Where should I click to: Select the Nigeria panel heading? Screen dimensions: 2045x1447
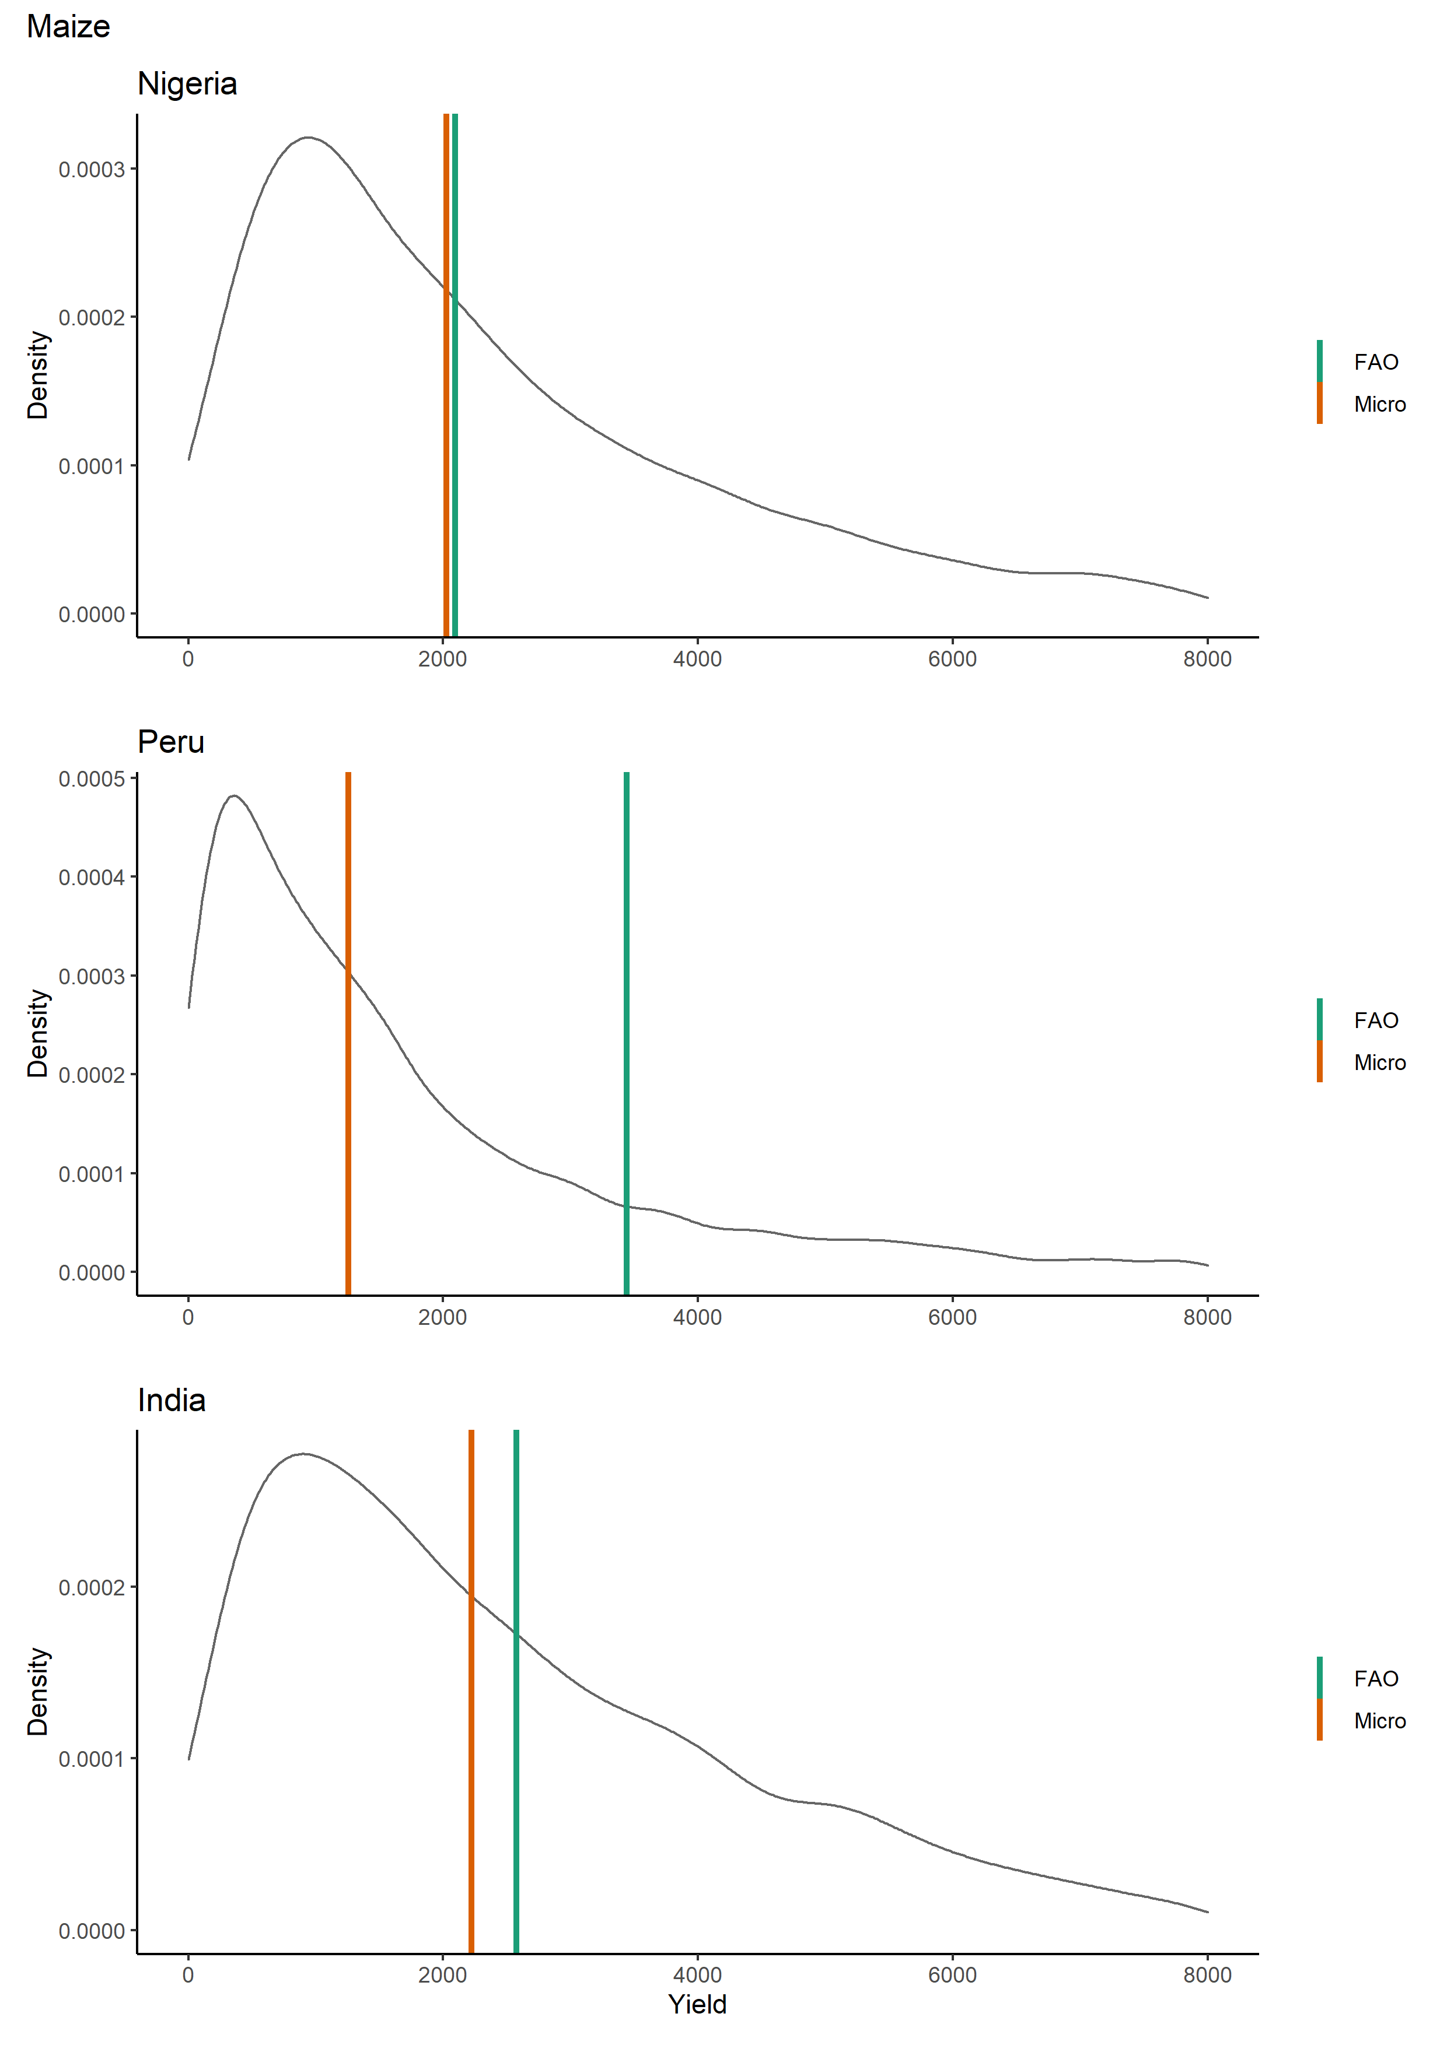[187, 84]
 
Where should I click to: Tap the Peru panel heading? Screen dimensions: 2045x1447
[171, 742]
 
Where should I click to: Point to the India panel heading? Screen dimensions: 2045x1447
[171, 1400]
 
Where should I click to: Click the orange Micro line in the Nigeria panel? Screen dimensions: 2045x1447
[446, 374]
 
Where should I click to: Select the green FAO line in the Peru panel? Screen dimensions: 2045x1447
[627, 1033]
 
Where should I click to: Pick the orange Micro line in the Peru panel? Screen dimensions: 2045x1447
[348, 1033]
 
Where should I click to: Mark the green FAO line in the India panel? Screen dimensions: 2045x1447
[516, 1692]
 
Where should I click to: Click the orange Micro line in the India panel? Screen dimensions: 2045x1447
[471, 1692]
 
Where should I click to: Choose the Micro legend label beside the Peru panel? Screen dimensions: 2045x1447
[1379, 1062]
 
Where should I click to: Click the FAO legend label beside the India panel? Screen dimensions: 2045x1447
[1376, 1679]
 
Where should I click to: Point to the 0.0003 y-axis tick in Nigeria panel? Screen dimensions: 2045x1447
[92, 169]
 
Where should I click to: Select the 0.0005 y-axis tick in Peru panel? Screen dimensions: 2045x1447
[92, 780]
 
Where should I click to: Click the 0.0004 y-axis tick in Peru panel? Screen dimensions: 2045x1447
[92, 878]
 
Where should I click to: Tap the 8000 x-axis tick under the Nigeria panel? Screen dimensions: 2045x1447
[1207, 659]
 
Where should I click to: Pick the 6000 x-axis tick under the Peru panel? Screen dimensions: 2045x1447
[952, 1317]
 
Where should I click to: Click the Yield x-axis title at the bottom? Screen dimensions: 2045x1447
[698, 2004]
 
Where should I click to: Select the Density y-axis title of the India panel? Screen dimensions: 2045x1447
[37, 1692]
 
